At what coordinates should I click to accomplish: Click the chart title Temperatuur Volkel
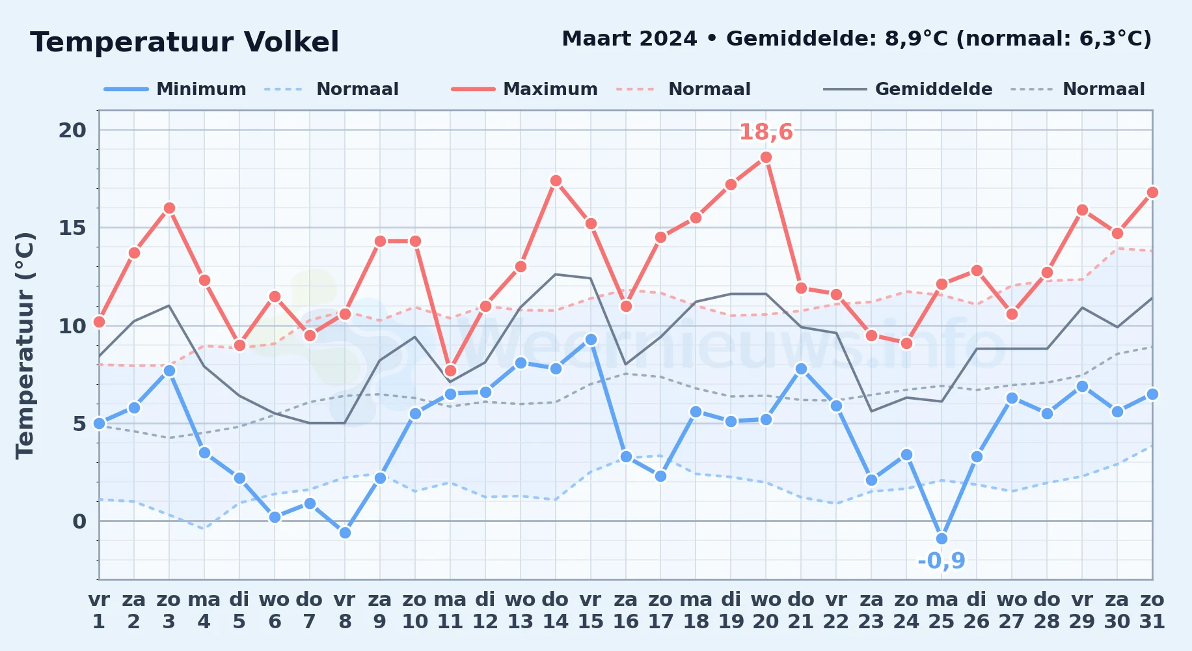point(185,42)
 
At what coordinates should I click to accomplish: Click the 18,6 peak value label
point(766,132)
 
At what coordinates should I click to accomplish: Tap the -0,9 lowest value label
point(941,561)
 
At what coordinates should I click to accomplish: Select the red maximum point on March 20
point(766,158)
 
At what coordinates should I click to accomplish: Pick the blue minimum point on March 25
point(941,539)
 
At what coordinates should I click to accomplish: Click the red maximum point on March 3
point(169,208)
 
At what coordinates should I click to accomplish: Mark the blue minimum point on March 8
point(345,533)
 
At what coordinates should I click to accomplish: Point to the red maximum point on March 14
point(556,181)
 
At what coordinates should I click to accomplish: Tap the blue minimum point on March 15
point(591,339)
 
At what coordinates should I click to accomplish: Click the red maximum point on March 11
point(450,371)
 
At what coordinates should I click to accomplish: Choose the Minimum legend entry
point(175,89)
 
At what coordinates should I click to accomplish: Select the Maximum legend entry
point(524,89)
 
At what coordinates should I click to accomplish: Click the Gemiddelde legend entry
point(908,89)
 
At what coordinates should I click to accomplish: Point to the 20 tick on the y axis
point(72,130)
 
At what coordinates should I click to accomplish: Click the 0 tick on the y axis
point(79,521)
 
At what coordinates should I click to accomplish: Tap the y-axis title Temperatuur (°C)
point(25,345)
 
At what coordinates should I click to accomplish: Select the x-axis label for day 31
point(1152,611)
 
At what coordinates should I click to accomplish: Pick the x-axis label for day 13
point(521,611)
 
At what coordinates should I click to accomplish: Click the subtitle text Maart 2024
point(629,39)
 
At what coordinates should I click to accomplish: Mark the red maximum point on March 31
point(1152,193)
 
